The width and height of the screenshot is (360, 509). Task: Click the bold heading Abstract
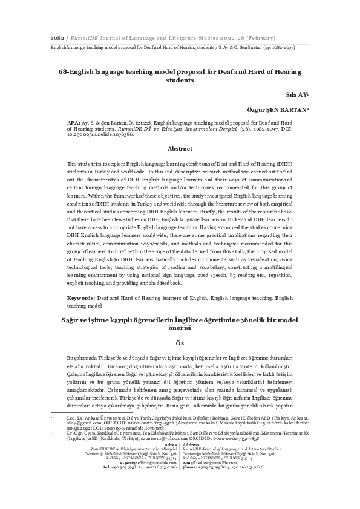tap(180, 148)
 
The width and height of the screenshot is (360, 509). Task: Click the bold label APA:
tap(73, 122)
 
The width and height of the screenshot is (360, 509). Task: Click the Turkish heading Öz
tap(180, 342)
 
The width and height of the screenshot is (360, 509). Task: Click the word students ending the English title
tap(180, 80)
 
